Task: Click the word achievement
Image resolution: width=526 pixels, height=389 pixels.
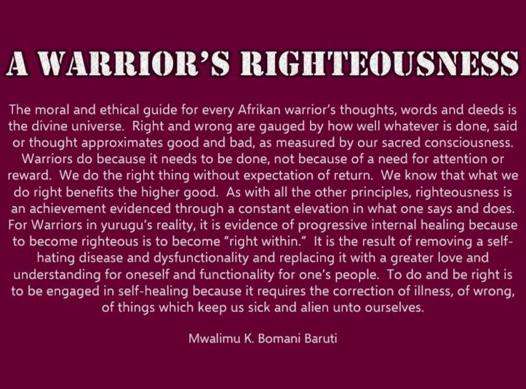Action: pyautogui.click(x=78, y=206)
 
